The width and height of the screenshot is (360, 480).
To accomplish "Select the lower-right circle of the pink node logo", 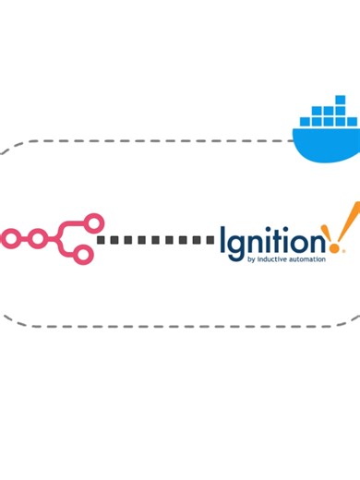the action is point(83,254).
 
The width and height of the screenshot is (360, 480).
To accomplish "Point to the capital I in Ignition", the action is point(223,243).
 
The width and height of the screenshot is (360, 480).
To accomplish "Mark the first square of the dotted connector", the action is point(102,240).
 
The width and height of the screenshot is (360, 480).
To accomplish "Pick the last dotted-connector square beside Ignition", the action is point(211,240).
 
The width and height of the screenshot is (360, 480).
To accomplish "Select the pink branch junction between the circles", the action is point(65,238).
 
